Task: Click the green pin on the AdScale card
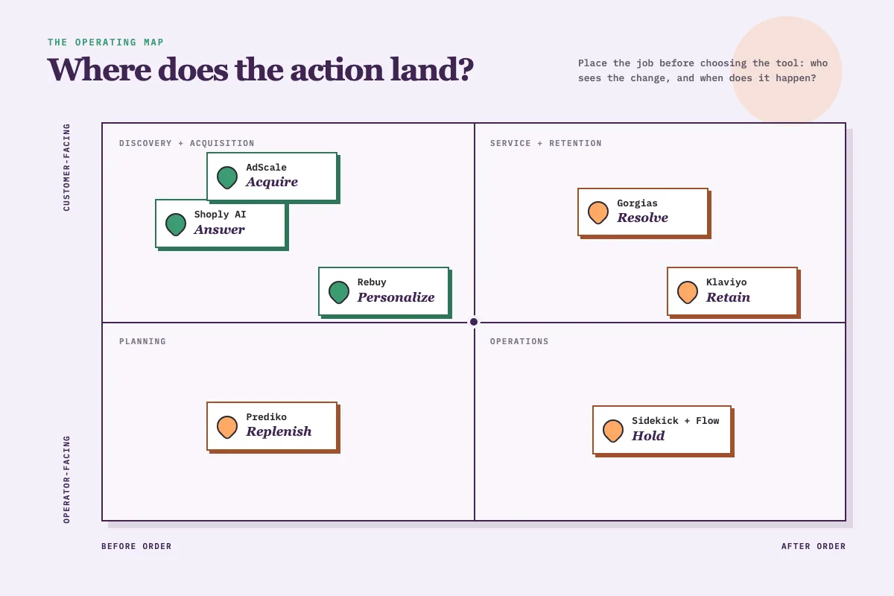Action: [227, 177]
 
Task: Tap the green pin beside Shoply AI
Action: [176, 224]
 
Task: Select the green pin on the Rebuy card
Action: [339, 292]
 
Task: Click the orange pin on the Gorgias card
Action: [597, 212]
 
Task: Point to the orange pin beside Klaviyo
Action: [687, 292]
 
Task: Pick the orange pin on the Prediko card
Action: [227, 427]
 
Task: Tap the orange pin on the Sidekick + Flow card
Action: [613, 431]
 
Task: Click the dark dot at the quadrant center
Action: [474, 322]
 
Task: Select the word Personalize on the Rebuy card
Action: [396, 297]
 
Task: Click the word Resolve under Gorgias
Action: [642, 218]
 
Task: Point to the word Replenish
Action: [279, 431]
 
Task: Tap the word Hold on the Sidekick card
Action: [648, 436]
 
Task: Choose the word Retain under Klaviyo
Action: [728, 297]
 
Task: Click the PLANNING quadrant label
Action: [142, 341]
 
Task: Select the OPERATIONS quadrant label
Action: [519, 341]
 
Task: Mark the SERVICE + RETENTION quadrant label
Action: [545, 143]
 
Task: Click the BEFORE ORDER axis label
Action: [136, 546]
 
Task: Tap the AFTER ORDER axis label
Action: [814, 546]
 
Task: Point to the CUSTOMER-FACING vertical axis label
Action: [66, 168]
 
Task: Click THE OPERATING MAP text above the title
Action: [106, 42]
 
